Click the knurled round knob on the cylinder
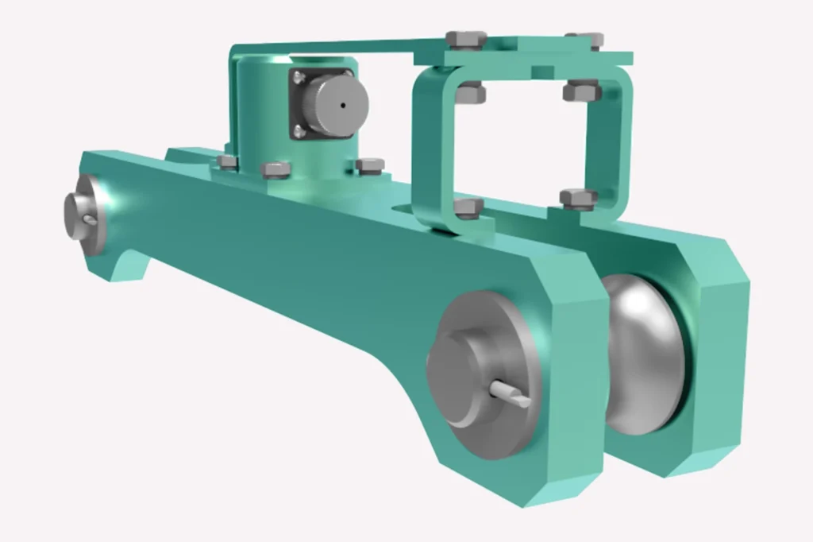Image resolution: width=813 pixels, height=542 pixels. click(337, 105)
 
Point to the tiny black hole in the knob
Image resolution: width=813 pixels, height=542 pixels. click(342, 104)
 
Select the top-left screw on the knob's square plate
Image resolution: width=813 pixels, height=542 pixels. click(299, 77)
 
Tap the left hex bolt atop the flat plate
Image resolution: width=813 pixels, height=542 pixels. click(465, 39)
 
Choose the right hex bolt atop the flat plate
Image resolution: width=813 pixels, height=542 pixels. click(586, 39)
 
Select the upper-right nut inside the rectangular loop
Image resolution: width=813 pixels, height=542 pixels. click(581, 92)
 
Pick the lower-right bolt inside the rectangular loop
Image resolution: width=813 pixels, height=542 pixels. click(577, 197)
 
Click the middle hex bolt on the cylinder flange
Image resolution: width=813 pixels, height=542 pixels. click(275, 169)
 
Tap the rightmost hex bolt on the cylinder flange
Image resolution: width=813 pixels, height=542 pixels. click(369, 165)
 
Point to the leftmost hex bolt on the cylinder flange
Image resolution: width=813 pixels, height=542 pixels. click(227, 162)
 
